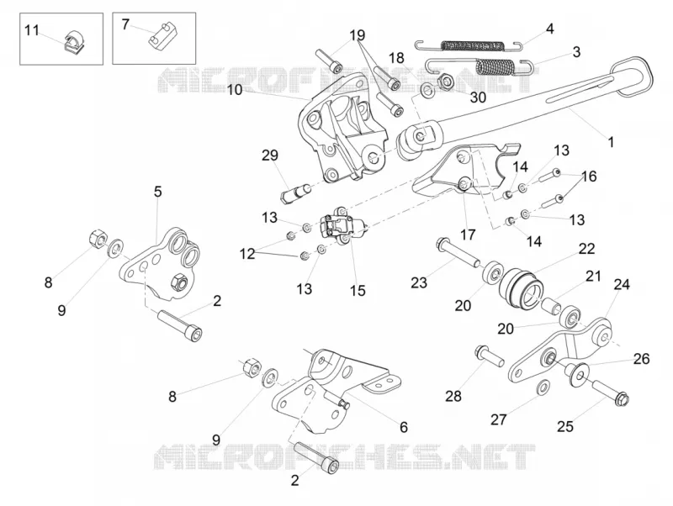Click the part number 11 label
(31, 30)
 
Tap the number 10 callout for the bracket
(235, 90)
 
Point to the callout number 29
(270, 155)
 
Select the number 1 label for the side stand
(611, 142)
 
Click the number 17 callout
(468, 235)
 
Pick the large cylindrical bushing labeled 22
(520, 288)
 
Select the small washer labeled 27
(543, 387)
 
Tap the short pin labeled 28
(489, 356)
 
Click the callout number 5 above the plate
(158, 192)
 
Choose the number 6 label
(404, 427)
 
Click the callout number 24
(622, 284)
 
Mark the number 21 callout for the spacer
(594, 277)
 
